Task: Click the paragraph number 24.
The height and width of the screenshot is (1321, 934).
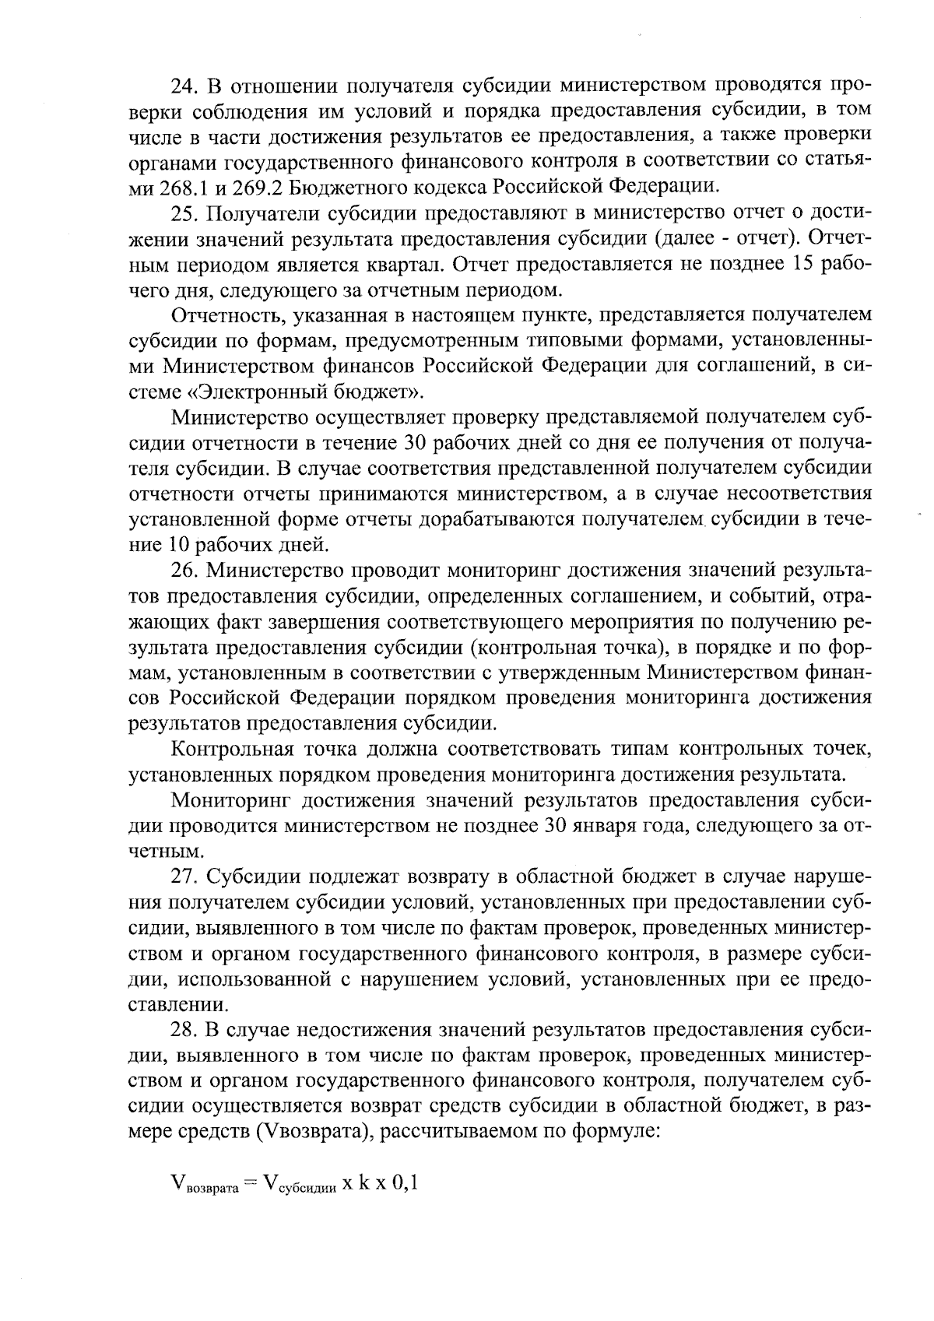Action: [x=183, y=83]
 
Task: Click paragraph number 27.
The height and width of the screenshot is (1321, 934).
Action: [x=184, y=877]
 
